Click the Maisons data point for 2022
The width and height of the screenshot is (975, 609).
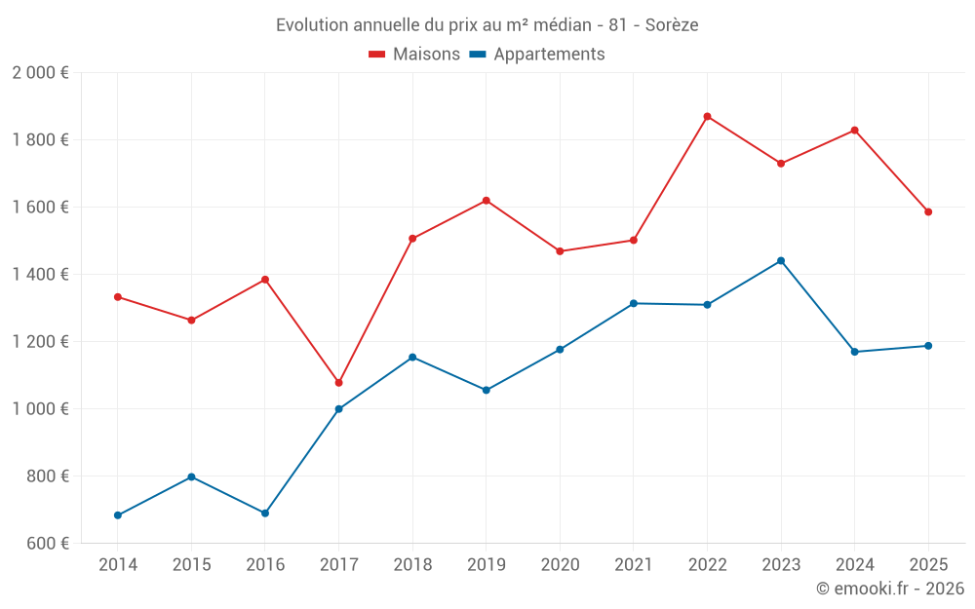pyautogui.click(x=707, y=117)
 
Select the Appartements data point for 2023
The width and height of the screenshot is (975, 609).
pyautogui.click(x=781, y=261)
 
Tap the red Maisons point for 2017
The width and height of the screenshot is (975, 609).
pyautogui.click(x=338, y=383)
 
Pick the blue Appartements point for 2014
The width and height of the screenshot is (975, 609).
pyautogui.click(x=118, y=515)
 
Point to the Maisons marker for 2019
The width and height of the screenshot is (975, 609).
pyautogui.click(x=486, y=201)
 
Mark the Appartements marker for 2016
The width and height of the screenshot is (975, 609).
pyautogui.click(x=265, y=514)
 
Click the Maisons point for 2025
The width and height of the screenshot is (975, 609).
pyautogui.click(x=928, y=212)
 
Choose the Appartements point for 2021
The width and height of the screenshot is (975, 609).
pyautogui.click(x=633, y=304)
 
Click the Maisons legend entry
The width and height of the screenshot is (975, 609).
pyautogui.click(x=414, y=55)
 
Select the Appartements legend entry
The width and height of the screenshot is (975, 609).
pyautogui.click(x=537, y=55)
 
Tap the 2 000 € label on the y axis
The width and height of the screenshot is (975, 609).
pyautogui.click(x=40, y=73)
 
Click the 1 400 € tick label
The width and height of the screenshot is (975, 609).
pyautogui.click(x=40, y=275)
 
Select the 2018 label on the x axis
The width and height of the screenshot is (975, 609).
pyautogui.click(x=412, y=565)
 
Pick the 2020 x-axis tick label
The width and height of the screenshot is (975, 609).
pyautogui.click(x=560, y=565)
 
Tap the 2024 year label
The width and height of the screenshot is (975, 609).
pyautogui.click(x=854, y=565)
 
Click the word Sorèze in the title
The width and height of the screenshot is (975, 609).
pyautogui.click(x=672, y=25)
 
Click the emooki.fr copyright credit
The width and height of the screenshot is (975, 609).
pyautogui.click(x=889, y=589)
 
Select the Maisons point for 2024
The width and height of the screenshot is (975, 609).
pyautogui.click(x=854, y=131)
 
